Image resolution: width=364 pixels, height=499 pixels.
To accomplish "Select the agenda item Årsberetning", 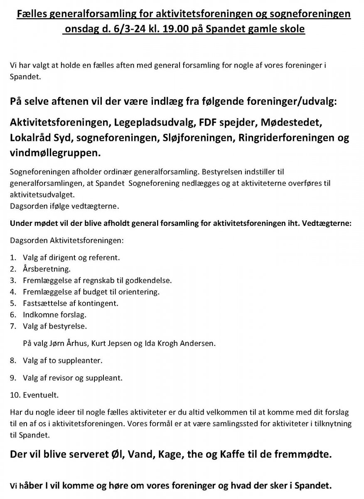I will [47, 268].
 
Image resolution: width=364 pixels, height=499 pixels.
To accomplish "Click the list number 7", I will [12, 326].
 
